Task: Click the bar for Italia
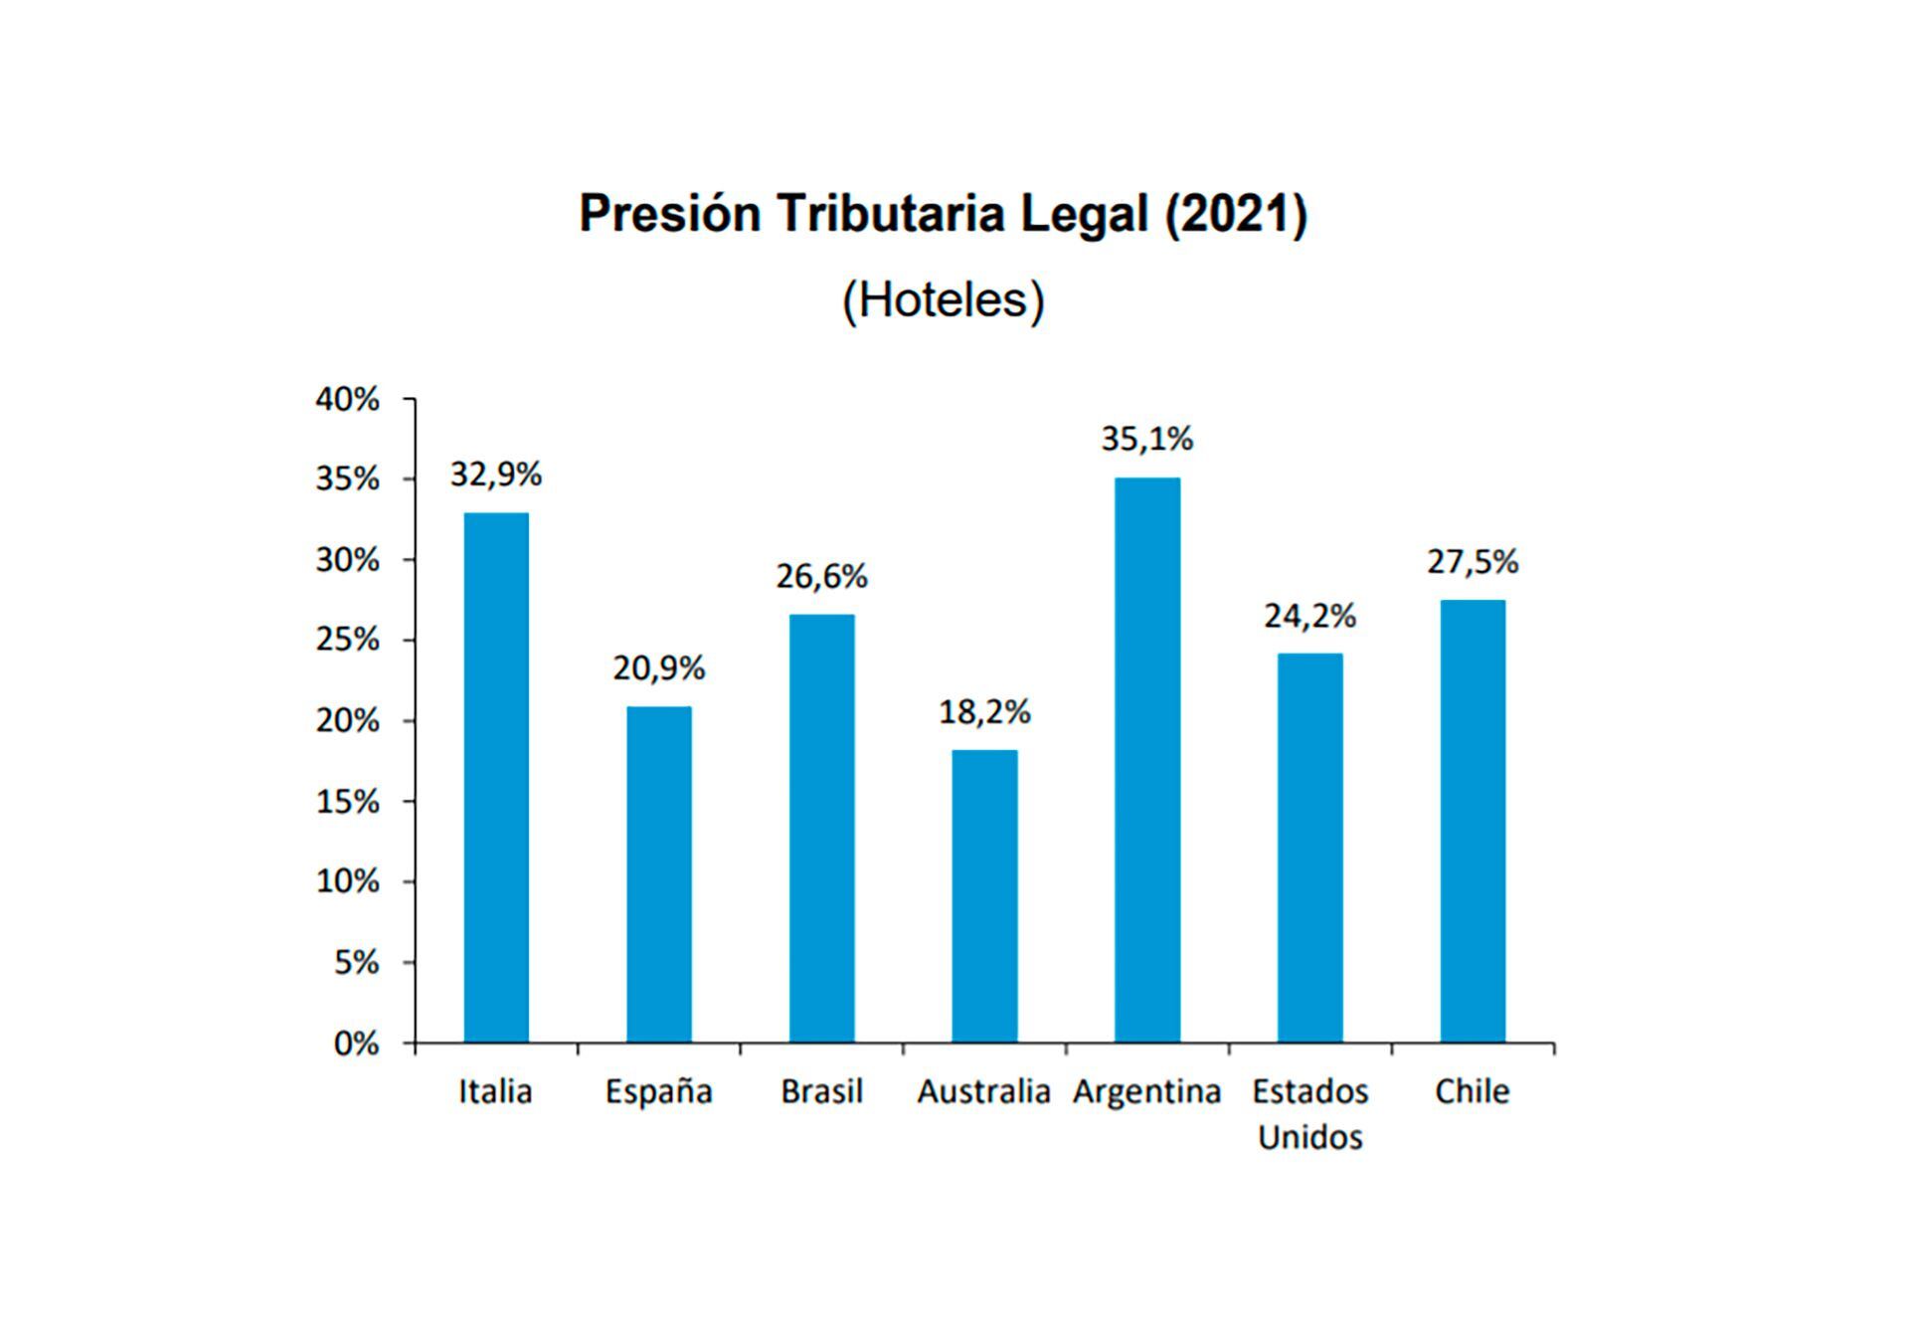click(496, 777)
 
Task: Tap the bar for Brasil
click(821, 828)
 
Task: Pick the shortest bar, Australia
click(984, 895)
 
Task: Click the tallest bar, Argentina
click(1147, 760)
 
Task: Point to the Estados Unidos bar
click(1309, 848)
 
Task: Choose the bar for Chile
click(1473, 821)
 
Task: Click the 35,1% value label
click(1146, 439)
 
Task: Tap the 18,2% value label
click(984, 711)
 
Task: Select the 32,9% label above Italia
click(495, 475)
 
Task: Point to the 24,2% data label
click(1309, 616)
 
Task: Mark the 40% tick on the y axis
click(347, 399)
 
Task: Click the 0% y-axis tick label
click(356, 1044)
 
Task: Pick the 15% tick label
click(347, 802)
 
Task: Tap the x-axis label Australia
click(983, 1091)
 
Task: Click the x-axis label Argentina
click(1146, 1091)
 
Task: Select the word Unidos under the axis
click(1309, 1136)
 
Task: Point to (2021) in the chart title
click(1236, 213)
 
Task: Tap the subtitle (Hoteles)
click(943, 299)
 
